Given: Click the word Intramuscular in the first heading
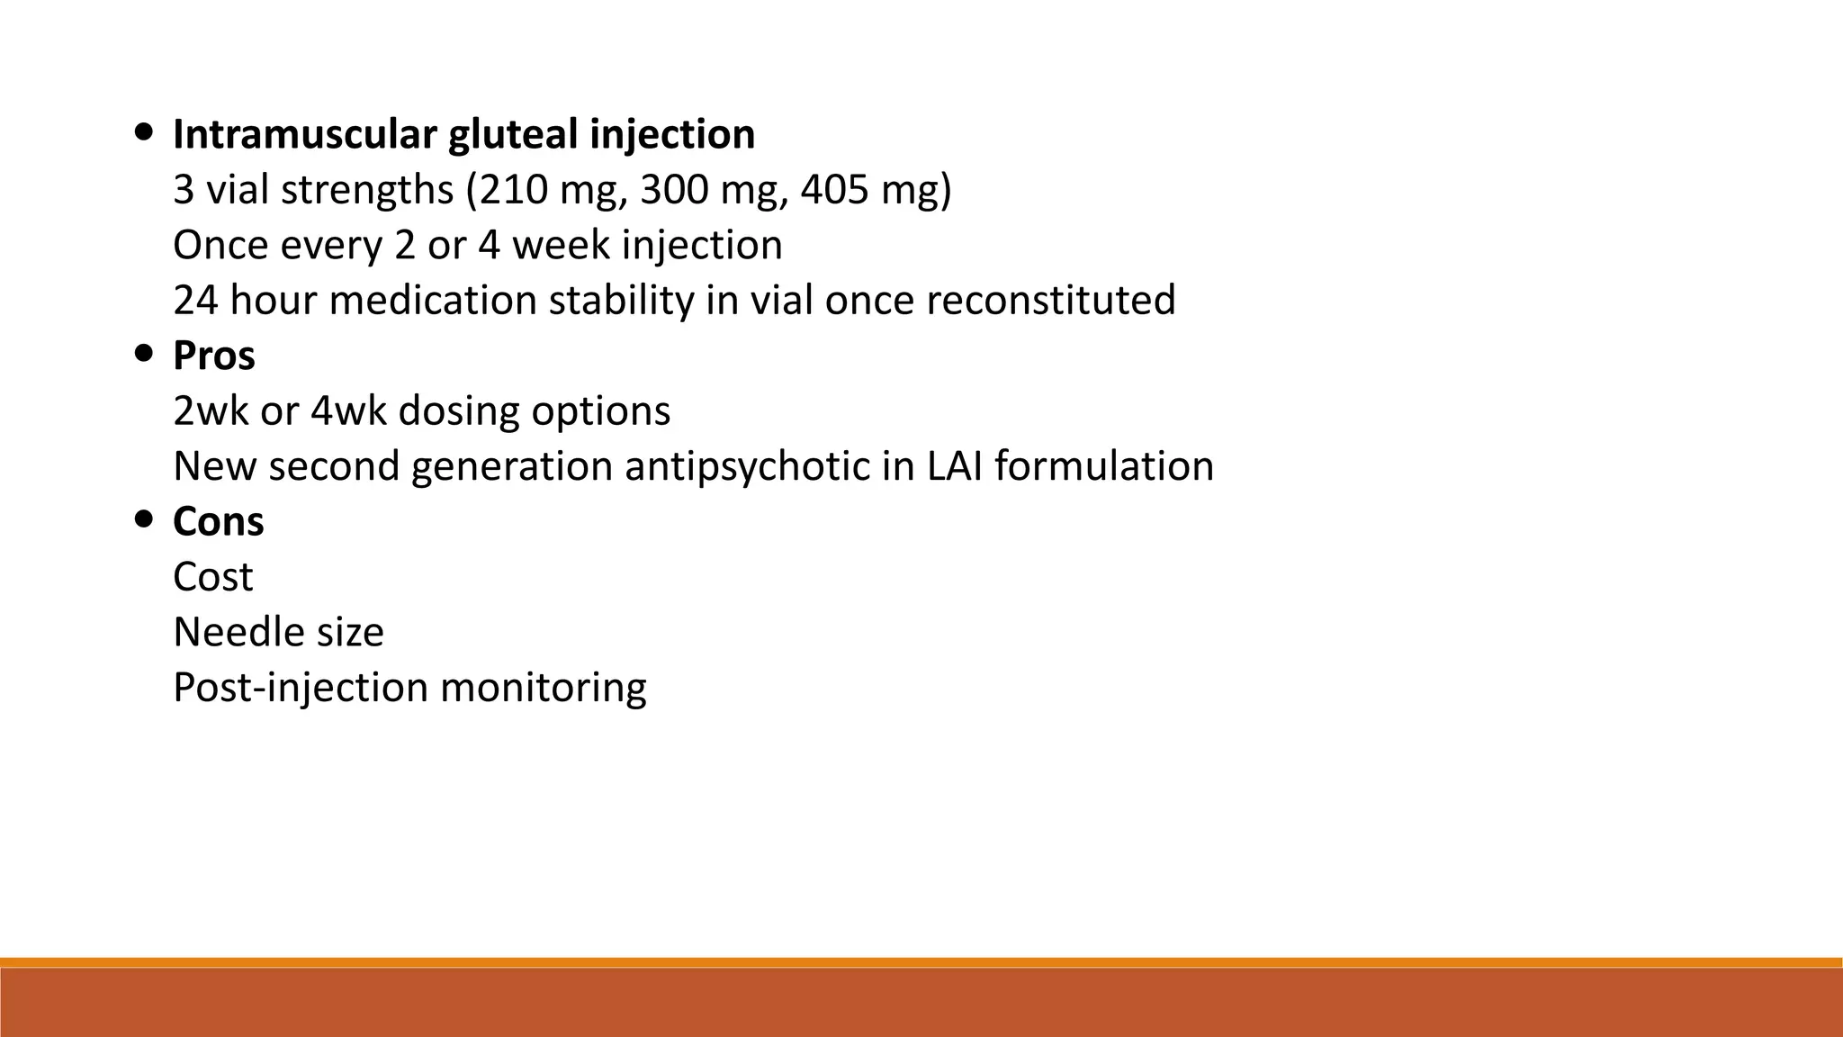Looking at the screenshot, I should click(303, 134).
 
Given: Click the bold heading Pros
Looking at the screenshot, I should click(214, 356).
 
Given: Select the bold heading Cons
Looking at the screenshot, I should click(219, 521).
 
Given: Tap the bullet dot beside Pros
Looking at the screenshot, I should click(143, 353).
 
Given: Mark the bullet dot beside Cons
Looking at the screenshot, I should click(143, 518).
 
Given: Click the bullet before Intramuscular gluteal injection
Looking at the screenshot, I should click(143, 132).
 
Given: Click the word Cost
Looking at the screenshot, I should click(212, 577).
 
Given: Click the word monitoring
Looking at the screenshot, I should click(543, 688).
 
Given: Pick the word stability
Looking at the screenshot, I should click(621, 300).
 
